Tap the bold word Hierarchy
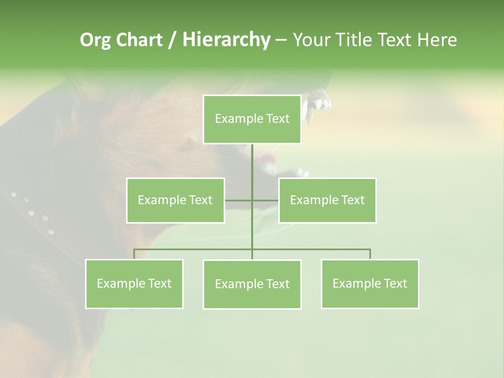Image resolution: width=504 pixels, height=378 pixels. coord(226,40)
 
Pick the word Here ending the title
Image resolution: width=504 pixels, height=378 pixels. coord(437,40)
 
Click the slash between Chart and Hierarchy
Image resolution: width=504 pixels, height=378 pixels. coord(172,40)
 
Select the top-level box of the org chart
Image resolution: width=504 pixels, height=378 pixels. coord(252,119)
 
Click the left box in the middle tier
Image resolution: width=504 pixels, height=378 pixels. coord(175,200)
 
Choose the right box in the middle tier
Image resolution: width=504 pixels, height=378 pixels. coord(327,200)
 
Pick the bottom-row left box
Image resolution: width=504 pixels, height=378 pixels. coord(134,283)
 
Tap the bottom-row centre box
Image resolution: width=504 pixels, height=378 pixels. coord(252,284)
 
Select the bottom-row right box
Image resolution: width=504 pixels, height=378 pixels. coord(370,283)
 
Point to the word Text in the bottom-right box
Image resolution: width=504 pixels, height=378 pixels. coord(395,283)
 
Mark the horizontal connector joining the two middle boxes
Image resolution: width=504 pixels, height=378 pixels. coord(239,200)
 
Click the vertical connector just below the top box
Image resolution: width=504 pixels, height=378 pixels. coord(252,157)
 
